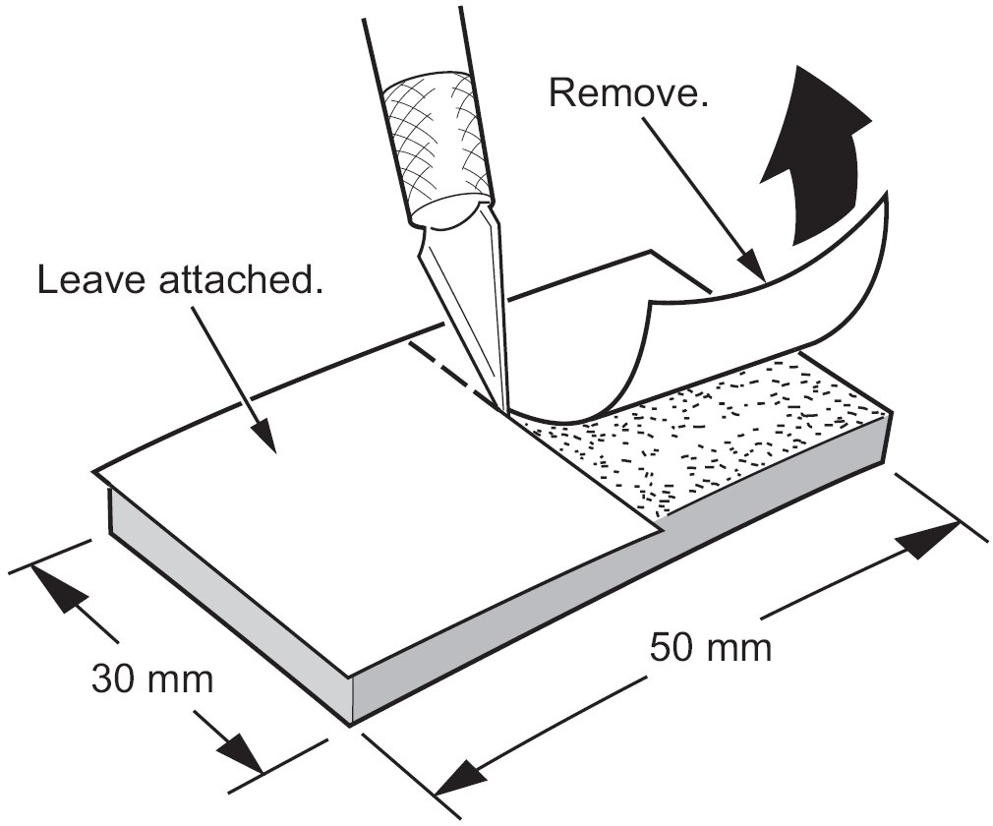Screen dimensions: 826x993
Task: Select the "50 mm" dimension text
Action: tap(710, 648)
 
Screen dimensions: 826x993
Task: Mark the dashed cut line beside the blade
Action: tap(452, 369)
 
